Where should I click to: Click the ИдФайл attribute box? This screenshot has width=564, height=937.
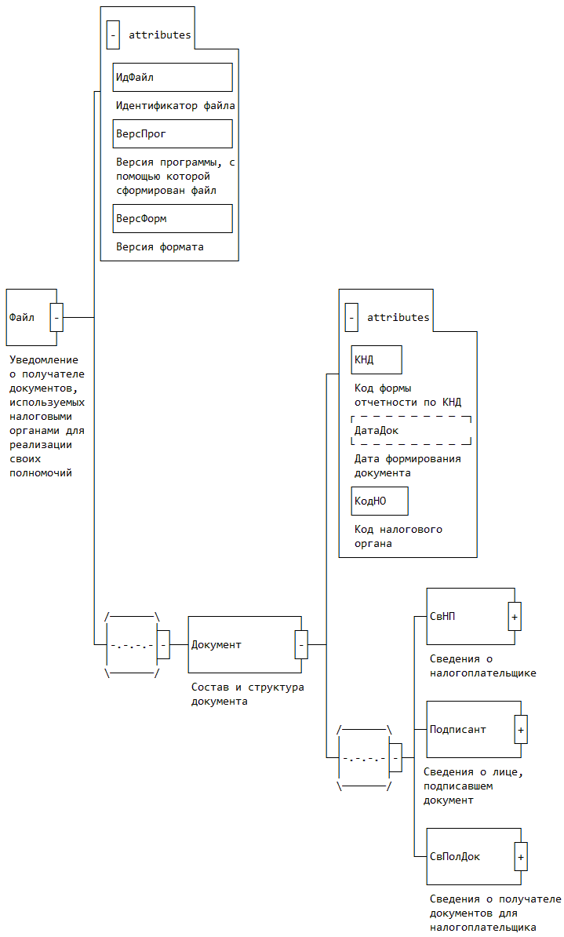coord(173,77)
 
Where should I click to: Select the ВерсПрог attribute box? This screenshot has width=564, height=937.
coord(173,133)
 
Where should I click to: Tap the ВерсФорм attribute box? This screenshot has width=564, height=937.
coord(173,218)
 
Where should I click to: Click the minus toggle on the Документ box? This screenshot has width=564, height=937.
coord(301,644)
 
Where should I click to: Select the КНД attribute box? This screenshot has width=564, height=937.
coord(377,359)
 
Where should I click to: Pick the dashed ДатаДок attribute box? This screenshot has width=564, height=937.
coord(411,430)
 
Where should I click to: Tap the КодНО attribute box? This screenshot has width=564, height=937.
coord(380,501)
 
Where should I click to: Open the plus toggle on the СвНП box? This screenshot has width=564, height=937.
coord(515,617)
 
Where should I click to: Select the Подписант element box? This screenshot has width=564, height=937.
coord(471,729)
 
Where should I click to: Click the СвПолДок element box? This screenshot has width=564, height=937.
coord(471,856)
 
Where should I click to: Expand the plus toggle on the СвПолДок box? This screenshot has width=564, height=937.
coord(521,856)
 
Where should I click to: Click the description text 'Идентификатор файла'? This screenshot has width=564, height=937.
coord(176,105)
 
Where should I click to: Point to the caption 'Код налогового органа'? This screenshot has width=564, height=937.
coord(398,536)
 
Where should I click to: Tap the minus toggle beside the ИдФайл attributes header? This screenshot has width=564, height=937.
coord(114,35)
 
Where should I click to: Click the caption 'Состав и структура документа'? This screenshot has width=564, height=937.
coord(248,694)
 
